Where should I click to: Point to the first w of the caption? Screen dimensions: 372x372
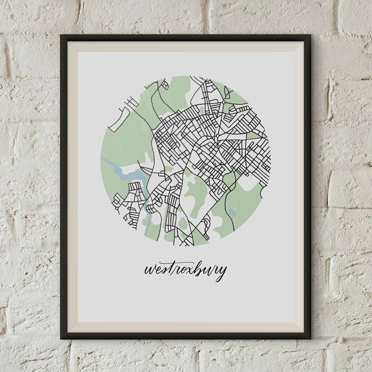tap(150, 270)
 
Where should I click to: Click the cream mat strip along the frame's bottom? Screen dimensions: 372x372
tap(185, 327)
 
